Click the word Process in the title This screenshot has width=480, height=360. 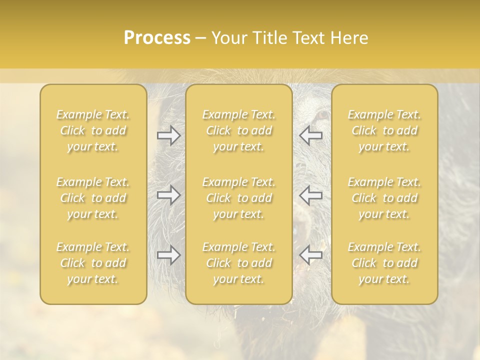(x=157, y=38)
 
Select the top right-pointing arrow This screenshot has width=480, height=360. (x=168, y=135)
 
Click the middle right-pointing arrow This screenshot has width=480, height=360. (x=168, y=194)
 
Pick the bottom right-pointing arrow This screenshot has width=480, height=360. (x=168, y=255)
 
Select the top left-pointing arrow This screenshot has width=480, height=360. (x=310, y=135)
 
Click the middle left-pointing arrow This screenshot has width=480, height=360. (x=310, y=194)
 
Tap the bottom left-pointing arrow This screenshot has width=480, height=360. (x=310, y=255)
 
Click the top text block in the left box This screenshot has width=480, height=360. (x=93, y=130)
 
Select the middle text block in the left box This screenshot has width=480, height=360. (x=93, y=198)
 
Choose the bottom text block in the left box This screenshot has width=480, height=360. (x=93, y=263)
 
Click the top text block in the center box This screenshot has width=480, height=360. (x=238, y=130)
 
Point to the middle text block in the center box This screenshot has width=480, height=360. (x=238, y=198)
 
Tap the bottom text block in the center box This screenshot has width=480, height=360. (x=238, y=263)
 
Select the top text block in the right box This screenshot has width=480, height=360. (x=384, y=130)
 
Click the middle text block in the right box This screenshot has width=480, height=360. (x=384, y=198)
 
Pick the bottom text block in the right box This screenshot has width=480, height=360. (x=384, y=263)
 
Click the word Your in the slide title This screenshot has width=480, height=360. (x=229, y=38)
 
